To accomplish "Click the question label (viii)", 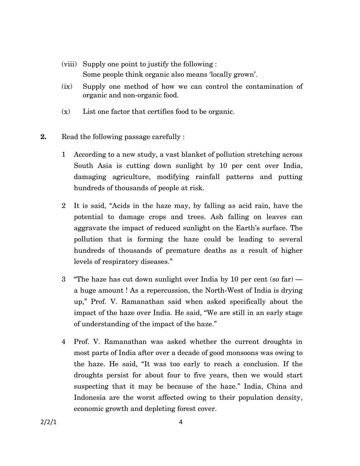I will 69,64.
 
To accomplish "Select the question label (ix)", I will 67,86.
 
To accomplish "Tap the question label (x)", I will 66,112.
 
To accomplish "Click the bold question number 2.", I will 44,137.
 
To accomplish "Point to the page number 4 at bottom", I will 181,422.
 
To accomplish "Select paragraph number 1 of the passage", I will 64,155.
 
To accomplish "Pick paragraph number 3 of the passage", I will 64,279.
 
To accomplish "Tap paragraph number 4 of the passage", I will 64,342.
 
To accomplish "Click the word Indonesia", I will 90,398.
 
